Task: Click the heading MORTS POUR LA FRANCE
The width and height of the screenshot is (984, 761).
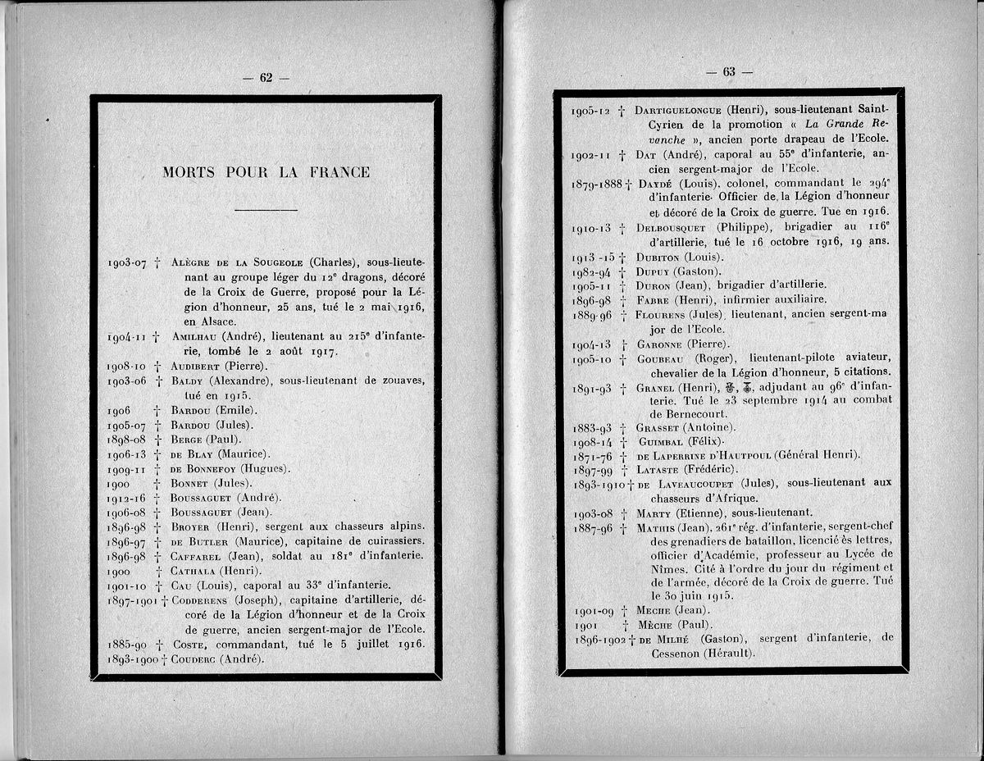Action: click(266, 172)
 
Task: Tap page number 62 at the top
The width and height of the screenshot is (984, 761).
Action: click(266, 78)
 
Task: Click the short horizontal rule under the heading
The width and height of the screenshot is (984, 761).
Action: click(266, 210)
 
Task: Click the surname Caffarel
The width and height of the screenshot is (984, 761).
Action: click(197, 556)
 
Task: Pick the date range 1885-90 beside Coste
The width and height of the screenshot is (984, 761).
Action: click(126, 644)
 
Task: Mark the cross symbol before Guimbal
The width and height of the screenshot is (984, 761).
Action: click(624, 442)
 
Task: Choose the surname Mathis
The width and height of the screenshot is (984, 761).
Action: click(657, 526)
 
